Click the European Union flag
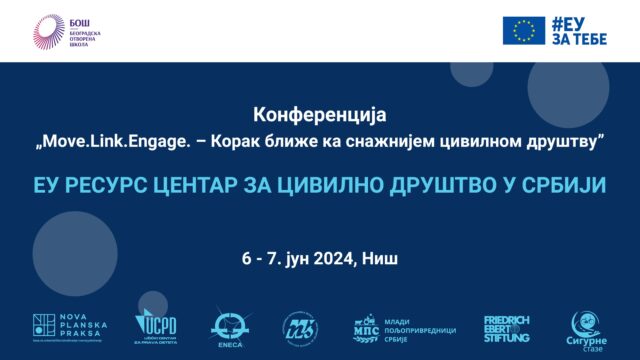524,30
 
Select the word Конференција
320,116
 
